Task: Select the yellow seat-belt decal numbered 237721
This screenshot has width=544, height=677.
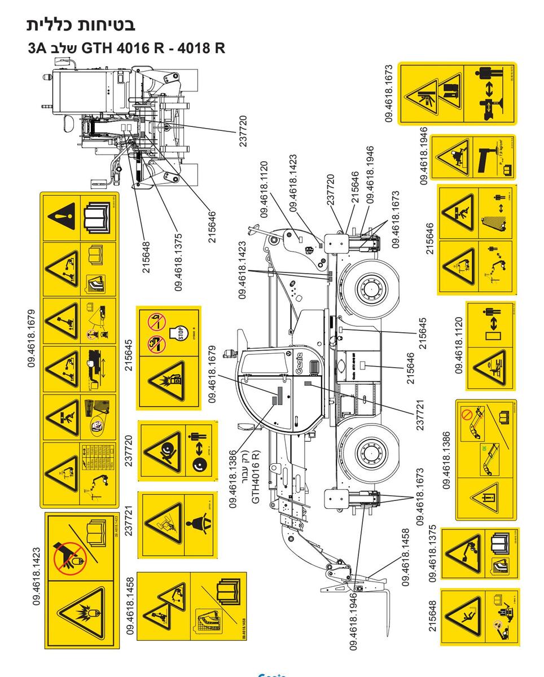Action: [x=177, y=525]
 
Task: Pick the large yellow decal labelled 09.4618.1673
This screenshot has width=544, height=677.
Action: [x=458, y=93]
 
